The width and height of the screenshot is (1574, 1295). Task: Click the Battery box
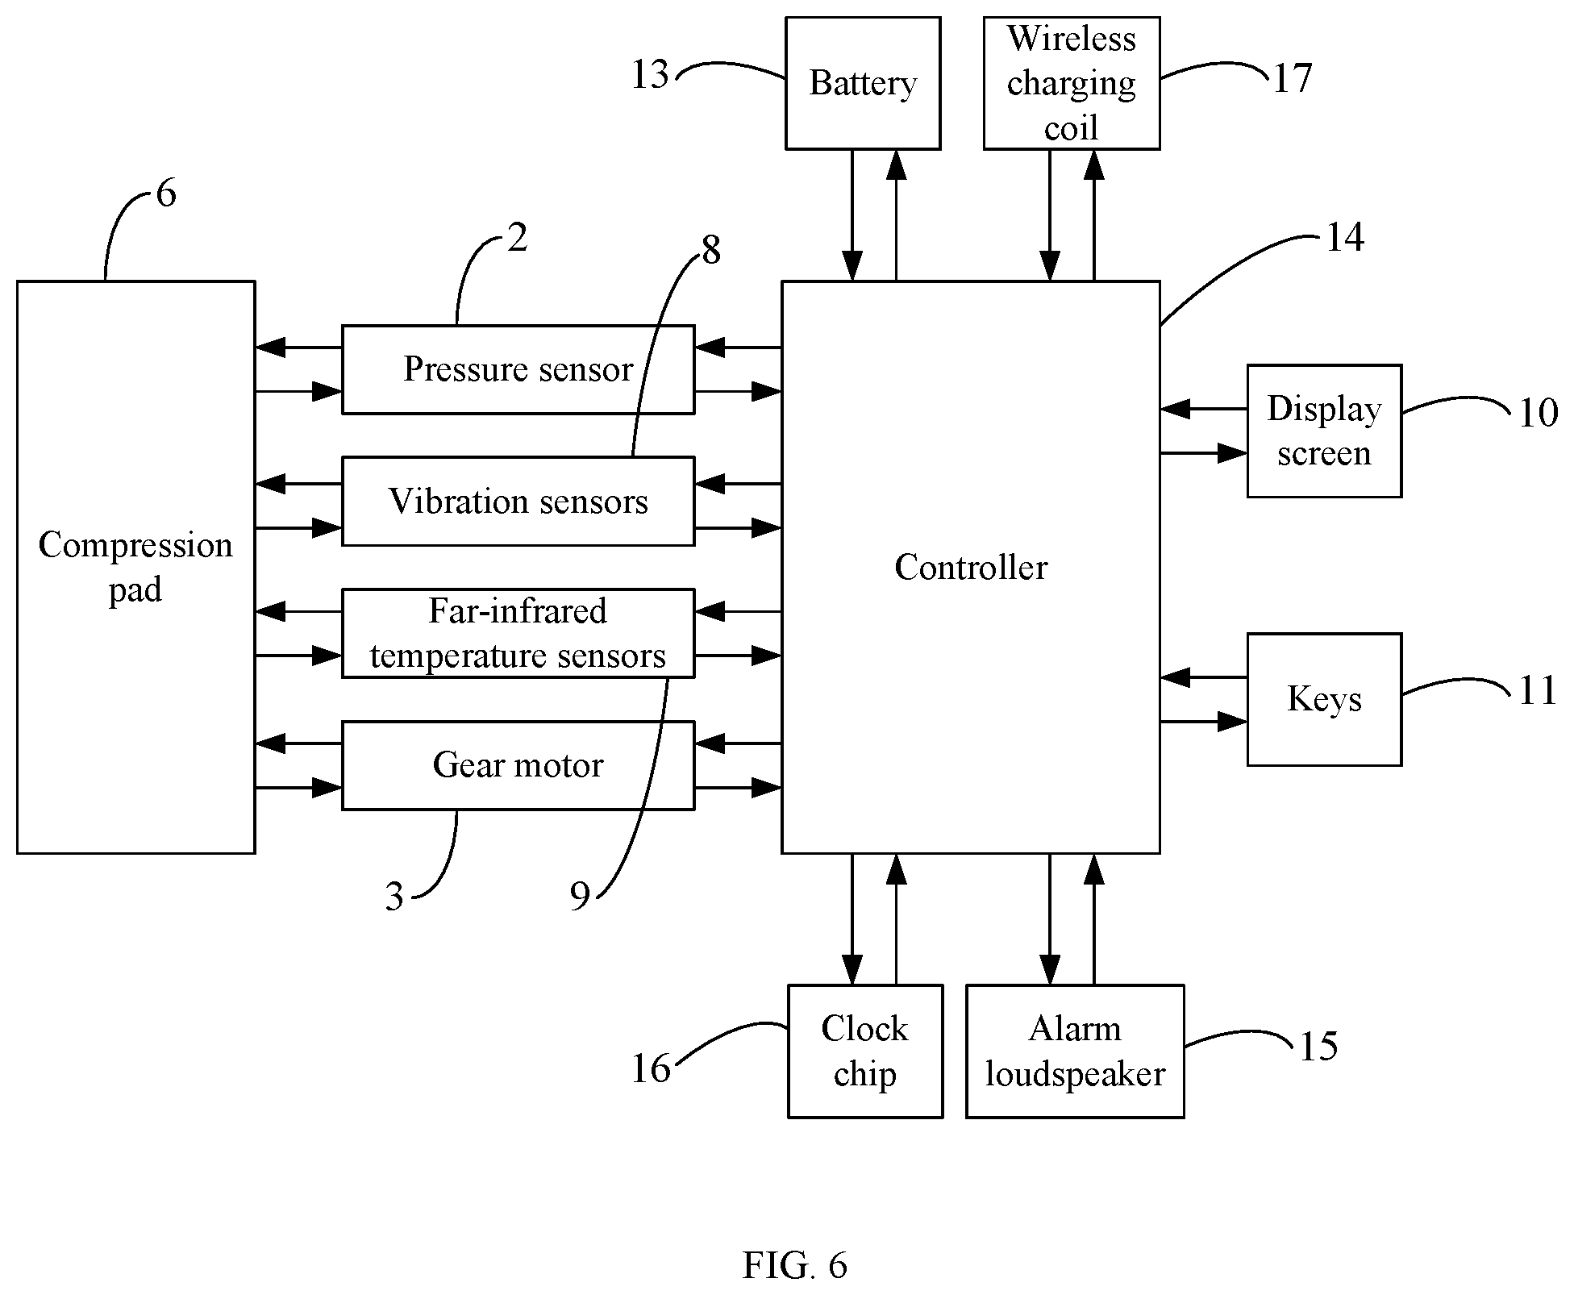[x=863, y=83]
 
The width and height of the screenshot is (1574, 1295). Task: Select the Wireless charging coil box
[x=1072, y=83]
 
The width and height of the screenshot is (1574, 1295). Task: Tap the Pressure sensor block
[x=518, y=369]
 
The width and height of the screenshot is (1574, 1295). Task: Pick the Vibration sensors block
[x=518, y=502]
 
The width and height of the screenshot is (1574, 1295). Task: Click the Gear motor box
[x=518, y=765]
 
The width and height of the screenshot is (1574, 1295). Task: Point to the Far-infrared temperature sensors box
[x=518, y=633]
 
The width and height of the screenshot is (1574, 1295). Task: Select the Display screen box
[x=1324, y=431]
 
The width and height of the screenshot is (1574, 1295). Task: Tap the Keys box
[x=1324, y=699]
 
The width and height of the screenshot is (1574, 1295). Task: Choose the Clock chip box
[x=865, y=1051]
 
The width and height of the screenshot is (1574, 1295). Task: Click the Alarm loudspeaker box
[x=1075, y=1051]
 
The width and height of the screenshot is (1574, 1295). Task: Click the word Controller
[x=971, y=568]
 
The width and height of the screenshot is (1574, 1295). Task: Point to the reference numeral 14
[x=1344, y=238]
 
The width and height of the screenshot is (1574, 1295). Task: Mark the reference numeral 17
[x=1293, y=78]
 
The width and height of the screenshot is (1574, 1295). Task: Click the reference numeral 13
[x=650, y=75]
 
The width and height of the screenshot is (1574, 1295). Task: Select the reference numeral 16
[x=651, y=1069]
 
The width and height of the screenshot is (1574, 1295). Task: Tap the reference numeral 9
[x=580, y=896]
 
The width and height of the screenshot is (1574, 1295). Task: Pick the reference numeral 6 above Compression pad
[x=165, y=194]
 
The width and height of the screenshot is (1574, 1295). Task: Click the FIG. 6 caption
[x=795, y=1266]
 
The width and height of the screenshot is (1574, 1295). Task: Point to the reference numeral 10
[x=1538, y=414]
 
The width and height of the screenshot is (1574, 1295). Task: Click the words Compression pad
[x=135, y=568]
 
